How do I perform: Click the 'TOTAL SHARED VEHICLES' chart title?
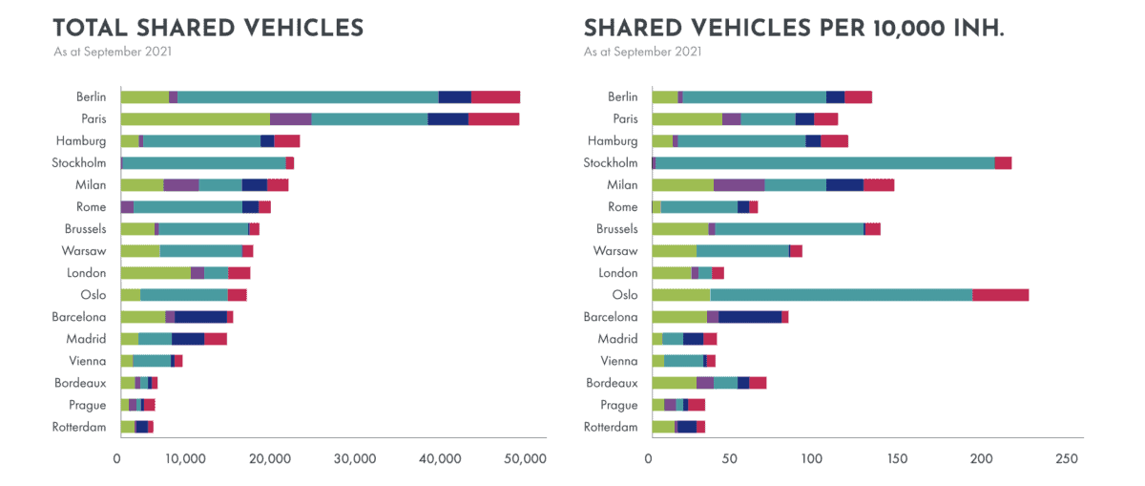point(208,28)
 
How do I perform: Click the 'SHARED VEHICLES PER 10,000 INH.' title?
point(793,28)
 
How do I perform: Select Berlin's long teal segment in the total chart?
point(307,96)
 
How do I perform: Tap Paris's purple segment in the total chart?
point(290,118)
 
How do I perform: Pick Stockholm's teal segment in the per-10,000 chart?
point(824,163)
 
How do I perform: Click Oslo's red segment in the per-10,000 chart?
point(1000,295)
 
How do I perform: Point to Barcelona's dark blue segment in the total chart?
point(200,317)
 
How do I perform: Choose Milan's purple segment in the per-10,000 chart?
point(739,185)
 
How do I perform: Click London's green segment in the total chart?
point(156,273)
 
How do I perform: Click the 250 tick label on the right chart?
point(1069,458)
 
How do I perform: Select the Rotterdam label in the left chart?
point(79,427)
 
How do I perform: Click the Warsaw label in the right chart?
point(614,251)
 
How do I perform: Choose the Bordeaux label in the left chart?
point(80,383)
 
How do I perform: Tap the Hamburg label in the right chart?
point(612,141)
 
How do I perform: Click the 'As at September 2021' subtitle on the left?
point(113,52)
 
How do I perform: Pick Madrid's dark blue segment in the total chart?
point(188,339)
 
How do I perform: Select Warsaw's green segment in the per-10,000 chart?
point(674,251)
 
